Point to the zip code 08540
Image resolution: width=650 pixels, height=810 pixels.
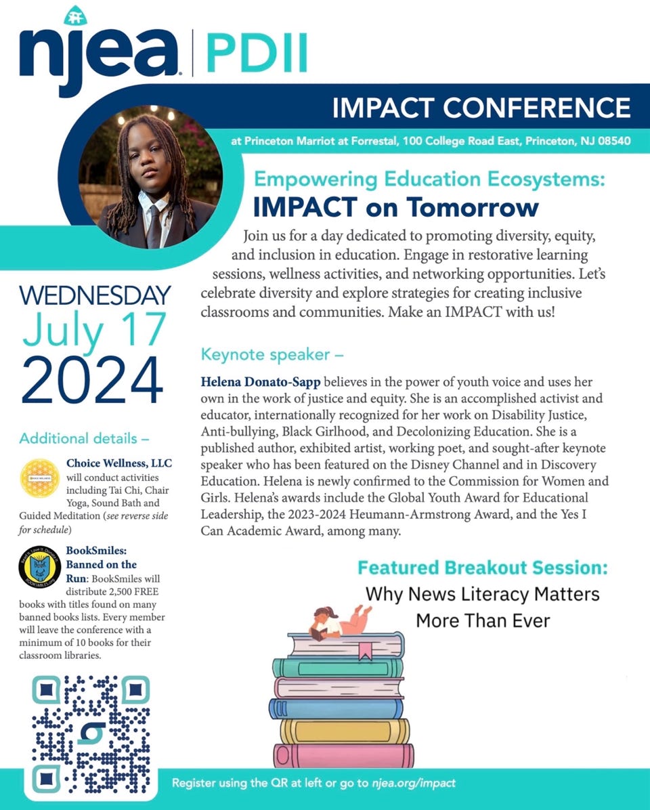pyautogui.click(x=614, y=140)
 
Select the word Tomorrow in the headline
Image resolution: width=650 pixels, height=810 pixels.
pyautogui.click(x=472, y=207)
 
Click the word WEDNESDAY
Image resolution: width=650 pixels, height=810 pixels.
pyautogui.click(x=95, y=295)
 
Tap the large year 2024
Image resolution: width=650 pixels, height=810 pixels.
pyautogui.click(x=92, y=380)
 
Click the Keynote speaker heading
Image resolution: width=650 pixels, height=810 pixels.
pyautogui.click(x=272, y=354)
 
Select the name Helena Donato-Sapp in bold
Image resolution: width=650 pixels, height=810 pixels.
pyautogui.click(x=261, y=382)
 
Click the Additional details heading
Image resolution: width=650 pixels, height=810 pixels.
pyautogui.click(x=84, y=439)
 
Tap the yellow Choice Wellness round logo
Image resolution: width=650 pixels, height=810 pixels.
pyautogui.click(x=40, y=478)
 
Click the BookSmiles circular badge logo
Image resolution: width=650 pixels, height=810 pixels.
pyautogui.click(x=40, y=567)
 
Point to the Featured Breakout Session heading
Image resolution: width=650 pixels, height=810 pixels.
pyautogui.click(x=483, y=568)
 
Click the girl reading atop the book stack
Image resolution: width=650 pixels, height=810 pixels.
pyautogui.click(x=339, y=622)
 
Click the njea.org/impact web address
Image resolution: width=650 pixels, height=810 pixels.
pyautogui.click(x=414, y=783)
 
